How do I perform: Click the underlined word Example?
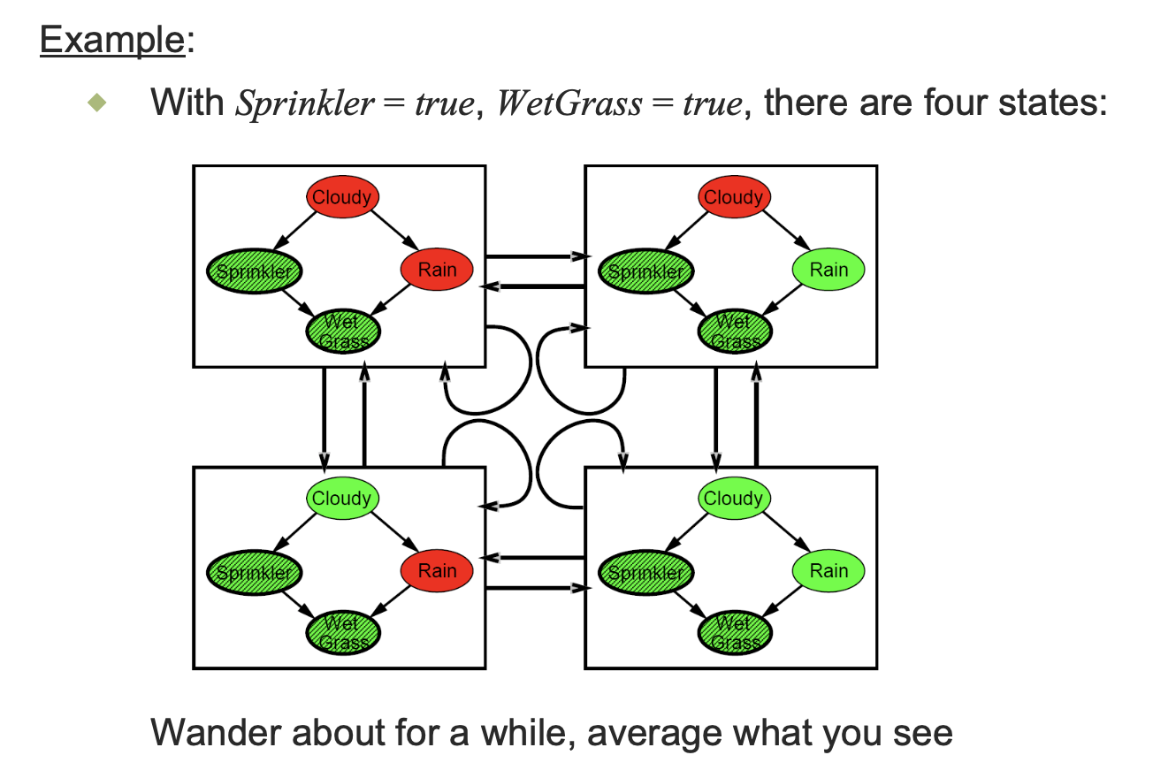[111, 41]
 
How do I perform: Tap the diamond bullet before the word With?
[98, 103]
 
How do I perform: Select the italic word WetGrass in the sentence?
[569, 103]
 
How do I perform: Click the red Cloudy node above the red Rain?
[343, 196]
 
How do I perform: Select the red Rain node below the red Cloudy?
[437, 269]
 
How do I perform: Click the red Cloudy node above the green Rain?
[734, 196]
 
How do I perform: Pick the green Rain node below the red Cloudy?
[828, 269]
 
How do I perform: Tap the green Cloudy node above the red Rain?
[343, 498]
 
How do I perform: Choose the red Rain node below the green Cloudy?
[437, 570]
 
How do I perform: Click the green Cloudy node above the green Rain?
[734, 498]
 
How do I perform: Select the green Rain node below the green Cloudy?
[828, 570]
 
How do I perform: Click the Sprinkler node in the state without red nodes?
[645, 572]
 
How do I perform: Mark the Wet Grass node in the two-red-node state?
[343, 331]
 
